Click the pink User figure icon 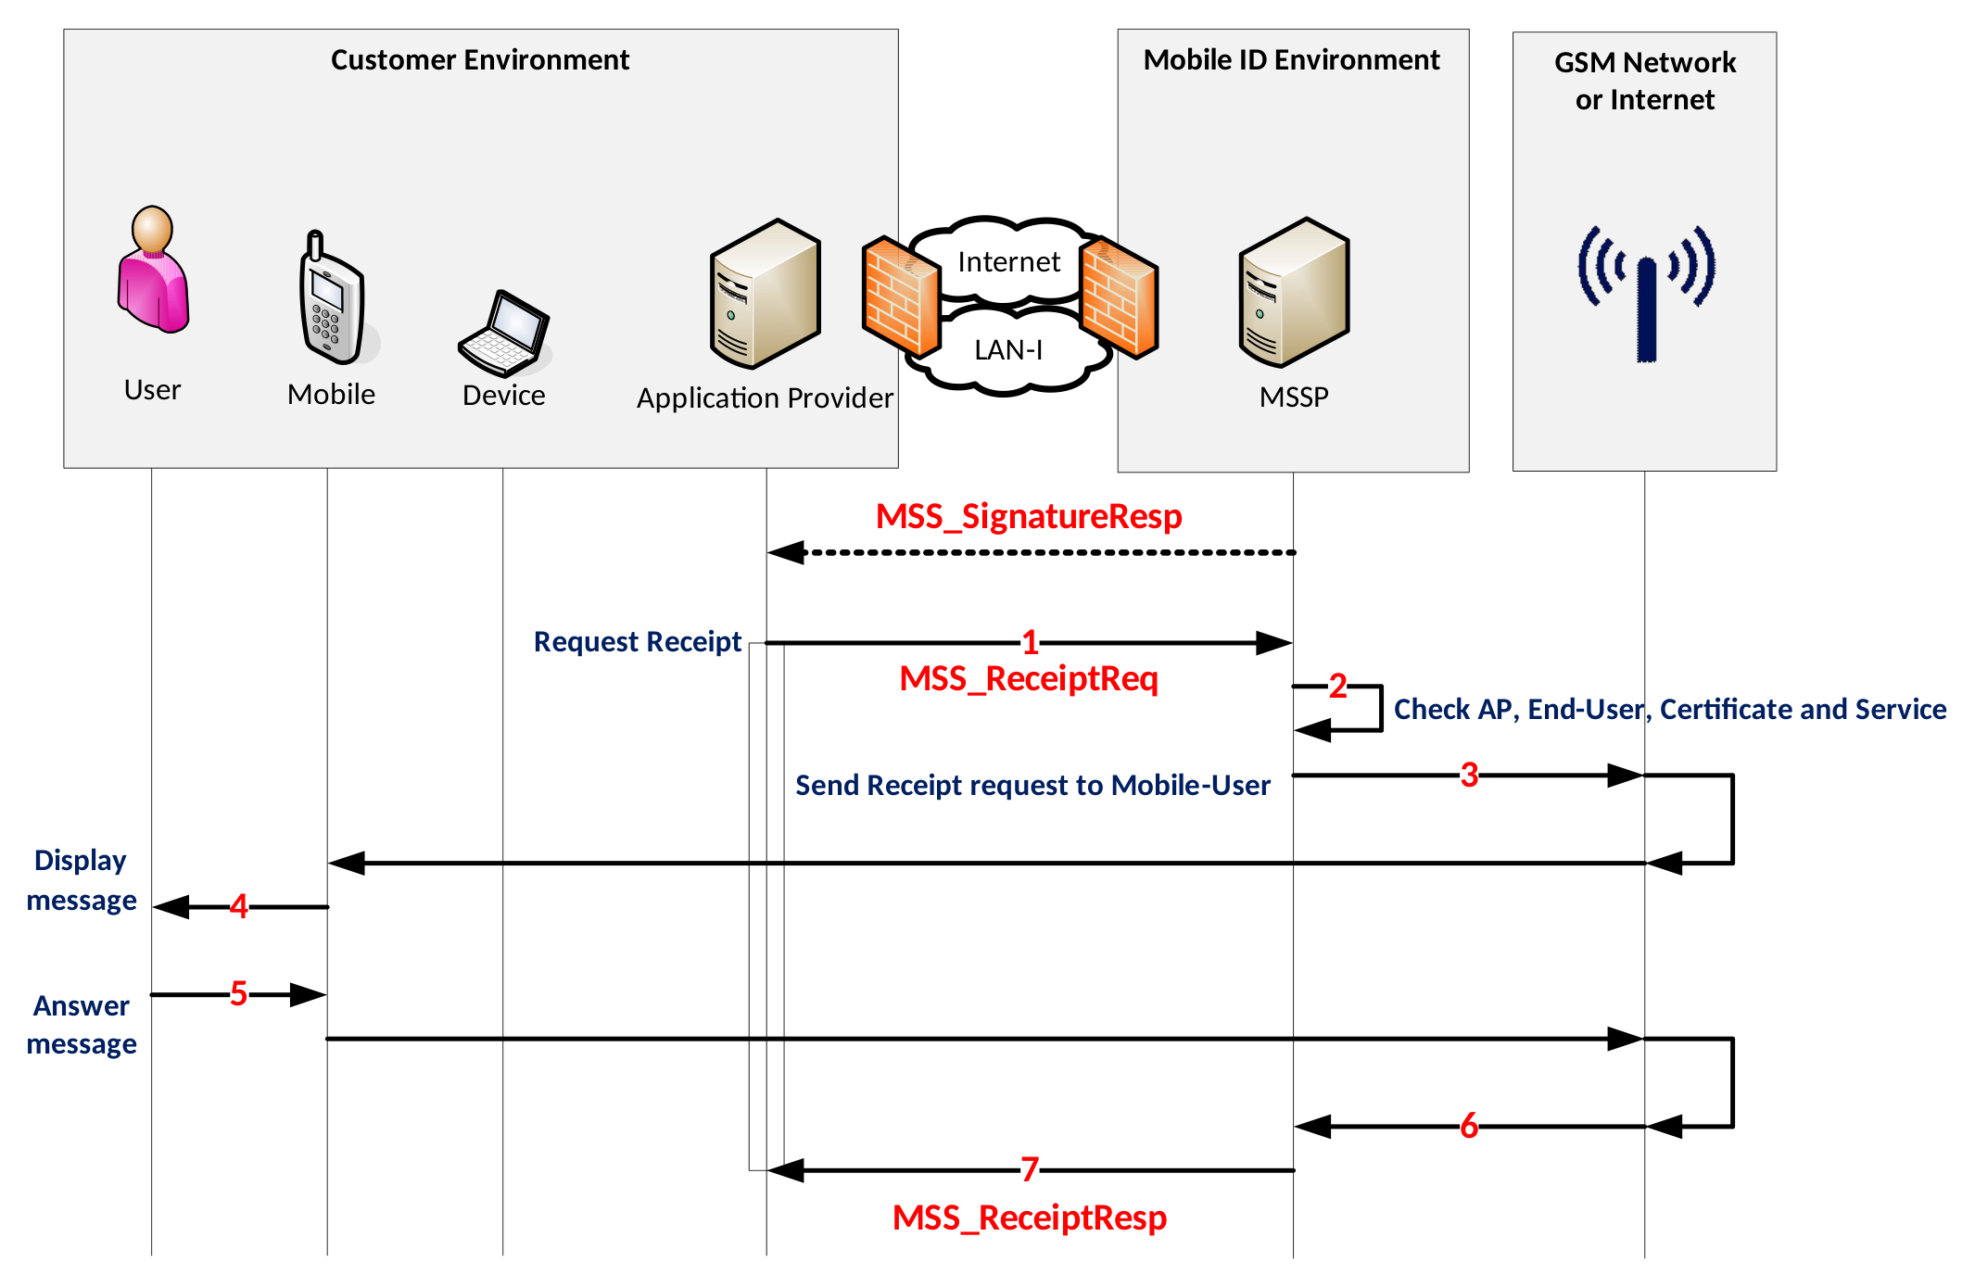click(153, 270)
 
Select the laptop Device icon click(504, 334)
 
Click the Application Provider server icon click(765, 295)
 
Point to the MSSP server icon click(1294, 294)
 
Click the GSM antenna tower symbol click(1646, 293)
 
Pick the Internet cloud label click(1008, 262)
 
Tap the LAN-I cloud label click(1008, 350)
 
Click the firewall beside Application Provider click(900, 297)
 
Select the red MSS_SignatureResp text click(1029, 516)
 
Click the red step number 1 click(1030, 642)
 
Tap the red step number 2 click(1337, 687)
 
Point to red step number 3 click(1469, 775)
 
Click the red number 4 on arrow click(239, 906)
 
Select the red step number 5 click(238, 994)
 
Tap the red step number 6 click(1469, 1127)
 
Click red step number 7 click(1030, 1169)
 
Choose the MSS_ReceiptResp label click(1029, 1218)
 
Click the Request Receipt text click(637, 642)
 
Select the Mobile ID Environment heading click(1291, 60)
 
